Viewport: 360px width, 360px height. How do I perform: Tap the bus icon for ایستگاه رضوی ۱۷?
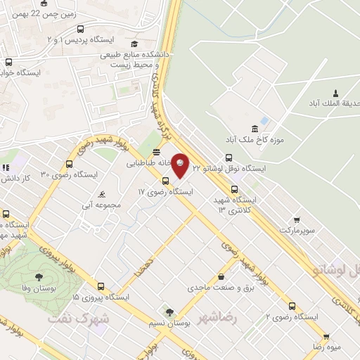click(x=165, y=181)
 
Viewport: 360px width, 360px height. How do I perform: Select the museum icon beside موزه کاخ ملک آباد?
click(x=254, y=129)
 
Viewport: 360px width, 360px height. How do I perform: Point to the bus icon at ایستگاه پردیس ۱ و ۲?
click(x=81, y=30)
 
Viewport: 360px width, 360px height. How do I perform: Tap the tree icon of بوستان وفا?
click(x=38, y=276)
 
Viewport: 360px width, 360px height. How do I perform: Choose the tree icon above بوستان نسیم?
click(x=169, y=312)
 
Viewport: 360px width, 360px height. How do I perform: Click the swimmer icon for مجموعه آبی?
click(x=103, y=194)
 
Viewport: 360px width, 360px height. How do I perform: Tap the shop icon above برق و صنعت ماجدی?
click(x=221, y=276)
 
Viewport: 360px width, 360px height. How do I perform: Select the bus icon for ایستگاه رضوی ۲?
click(x=292, y=306)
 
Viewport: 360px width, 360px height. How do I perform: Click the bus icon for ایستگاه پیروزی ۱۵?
click(x=101, y=286)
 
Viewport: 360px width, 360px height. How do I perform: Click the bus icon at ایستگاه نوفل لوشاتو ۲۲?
click(x=229, y=158)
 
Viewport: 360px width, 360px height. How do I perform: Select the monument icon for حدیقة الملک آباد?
click(x=335, y=94)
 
